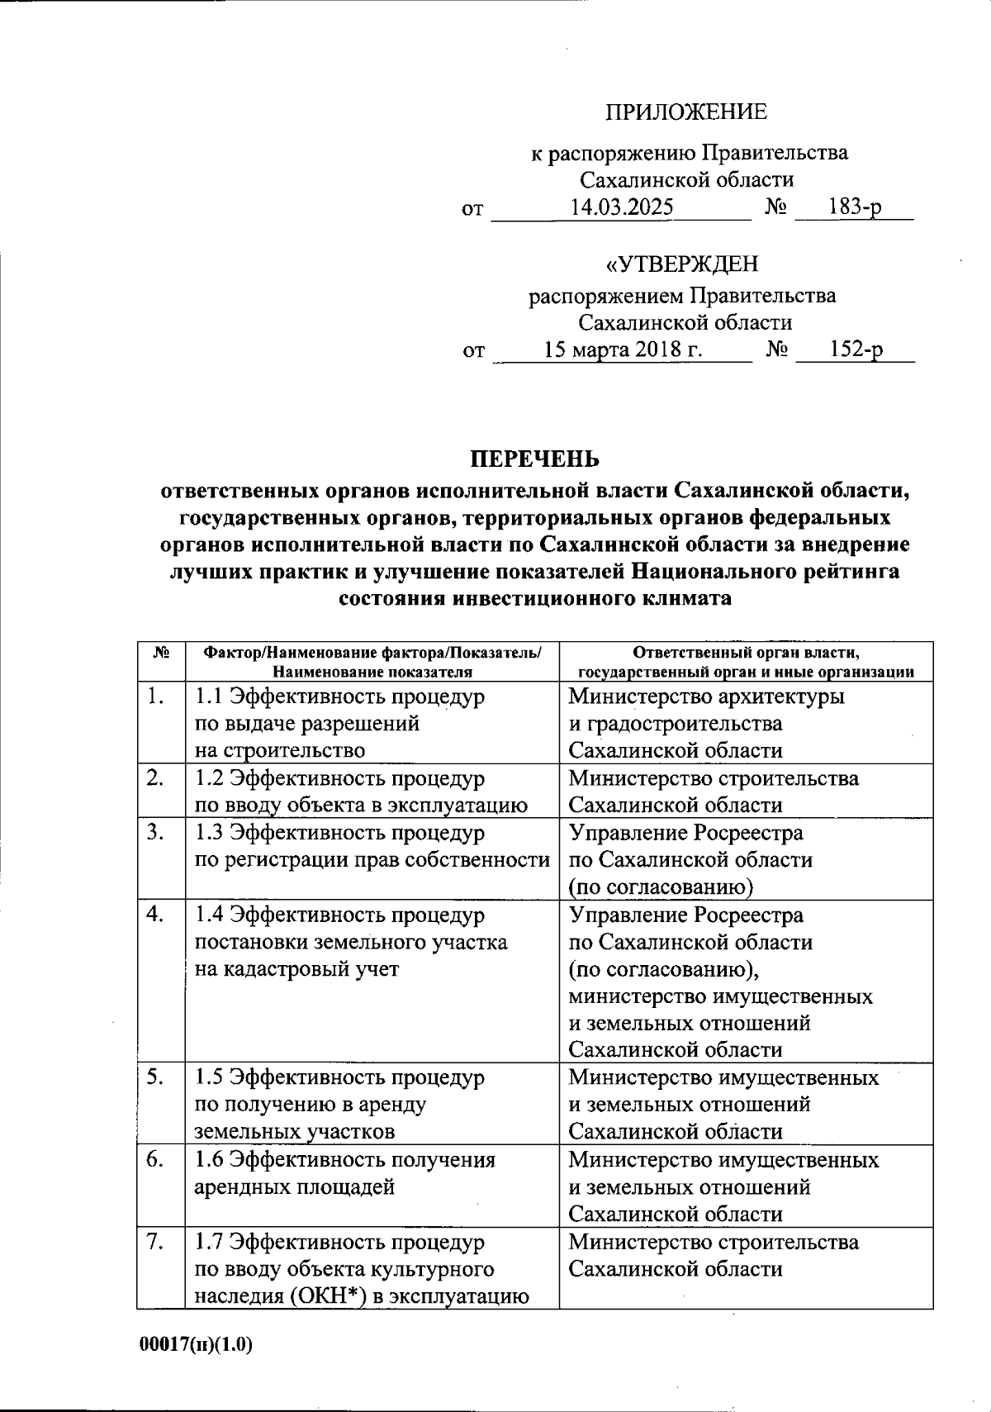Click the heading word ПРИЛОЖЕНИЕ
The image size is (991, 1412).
point(686,112)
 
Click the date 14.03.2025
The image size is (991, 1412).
point(622,207)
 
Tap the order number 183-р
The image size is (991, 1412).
point(855,207)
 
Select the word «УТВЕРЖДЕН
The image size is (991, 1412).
point(682,264)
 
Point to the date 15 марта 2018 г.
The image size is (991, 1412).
point(623,349)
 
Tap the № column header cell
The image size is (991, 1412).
point(161,653)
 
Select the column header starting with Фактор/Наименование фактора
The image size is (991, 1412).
point(372,661)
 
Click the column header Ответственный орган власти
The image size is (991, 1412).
point(746,661)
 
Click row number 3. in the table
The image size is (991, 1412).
point(154,832)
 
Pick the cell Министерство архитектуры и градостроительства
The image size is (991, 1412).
point(706,723)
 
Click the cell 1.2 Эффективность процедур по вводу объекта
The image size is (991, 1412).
point(361,792)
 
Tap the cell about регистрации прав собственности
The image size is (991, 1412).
point(372,859)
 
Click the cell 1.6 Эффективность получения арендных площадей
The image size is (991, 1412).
point(344,1173)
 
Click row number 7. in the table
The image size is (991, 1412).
point(154,1242)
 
